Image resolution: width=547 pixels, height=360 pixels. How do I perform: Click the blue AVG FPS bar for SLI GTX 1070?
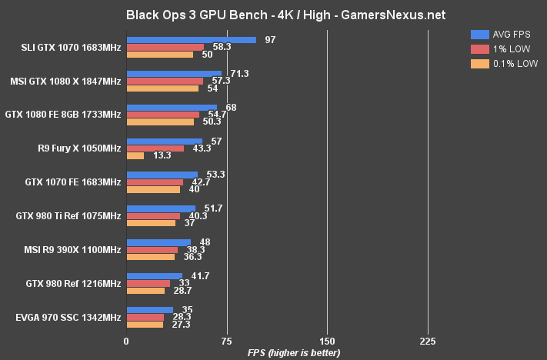[x=191, y=40]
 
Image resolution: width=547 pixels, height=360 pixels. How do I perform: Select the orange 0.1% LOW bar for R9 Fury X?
[x=135, y=156]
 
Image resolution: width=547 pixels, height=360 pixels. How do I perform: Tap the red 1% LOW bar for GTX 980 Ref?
[x=148, y=283]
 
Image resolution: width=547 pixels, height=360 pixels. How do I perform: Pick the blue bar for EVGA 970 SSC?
[x=149, y=310]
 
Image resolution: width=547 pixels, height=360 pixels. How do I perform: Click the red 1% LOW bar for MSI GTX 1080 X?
[x=164, y=81]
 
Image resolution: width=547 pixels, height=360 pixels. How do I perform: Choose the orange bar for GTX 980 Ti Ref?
[x=150, y=223]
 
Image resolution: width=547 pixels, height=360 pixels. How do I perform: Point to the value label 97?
[x=269, y=39]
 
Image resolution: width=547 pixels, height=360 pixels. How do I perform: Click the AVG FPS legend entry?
[x=505, y=34]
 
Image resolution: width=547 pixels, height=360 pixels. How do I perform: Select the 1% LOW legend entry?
[x=503, y=48]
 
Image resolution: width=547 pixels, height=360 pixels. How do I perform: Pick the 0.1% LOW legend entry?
[x=505, y=64]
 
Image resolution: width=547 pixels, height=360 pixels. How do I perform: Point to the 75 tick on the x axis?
[x=226, y=341]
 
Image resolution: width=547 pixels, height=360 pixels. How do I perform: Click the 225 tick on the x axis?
[x=428, y=341]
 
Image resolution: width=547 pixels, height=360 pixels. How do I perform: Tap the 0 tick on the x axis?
[x=126, y=341]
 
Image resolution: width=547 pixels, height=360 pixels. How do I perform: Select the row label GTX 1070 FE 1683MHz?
[x=73, y=182]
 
